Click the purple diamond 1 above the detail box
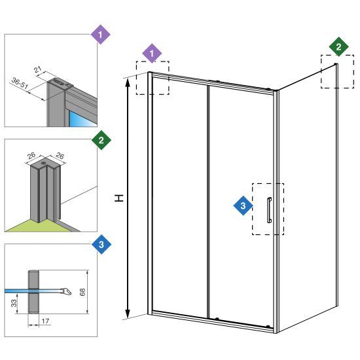(x=100, y=35)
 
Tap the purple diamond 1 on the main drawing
(x=152, y=54)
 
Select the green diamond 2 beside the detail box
(x=101, y=140)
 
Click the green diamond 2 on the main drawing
(x=338, y=47)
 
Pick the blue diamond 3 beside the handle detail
(x=101, y=244)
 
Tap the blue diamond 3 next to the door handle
(x=243, y=206)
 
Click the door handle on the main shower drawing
(x=269, y=210)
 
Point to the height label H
(x=119, y=198)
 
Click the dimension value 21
(x=38, y=69)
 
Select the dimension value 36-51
(x=20, y=83)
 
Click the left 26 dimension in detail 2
(x=31, y=156)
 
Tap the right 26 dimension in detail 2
(x=60, y=156)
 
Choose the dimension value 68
(x=82, y=292)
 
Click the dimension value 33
(x=14, y=303)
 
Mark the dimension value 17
(x=45, y=321)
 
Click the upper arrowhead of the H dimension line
(x=128, y=82)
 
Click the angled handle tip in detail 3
(x=67, y=291)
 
